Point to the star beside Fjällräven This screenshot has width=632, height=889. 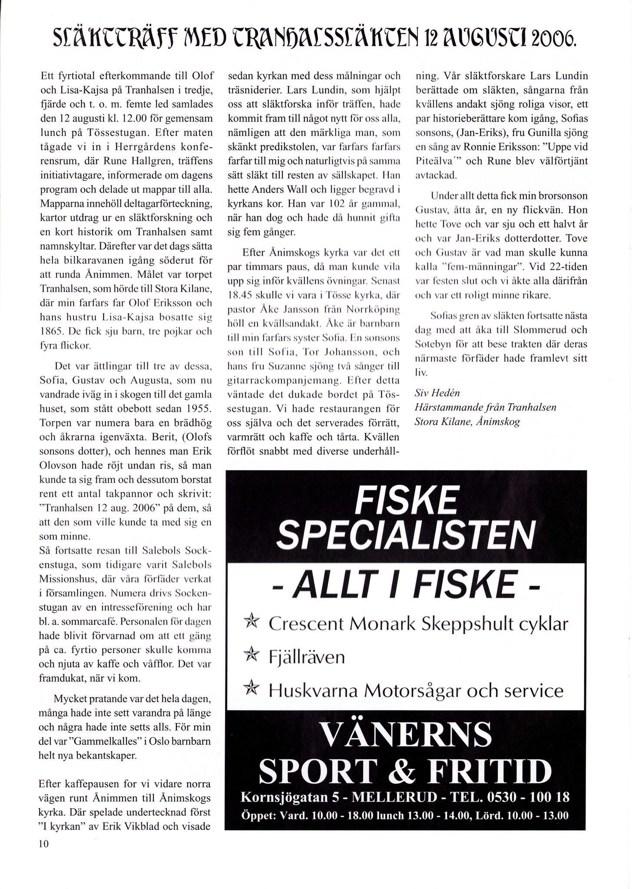(251, 656)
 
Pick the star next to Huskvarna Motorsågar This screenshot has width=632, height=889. (251, 690)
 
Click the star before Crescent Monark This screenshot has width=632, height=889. (251, 623)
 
